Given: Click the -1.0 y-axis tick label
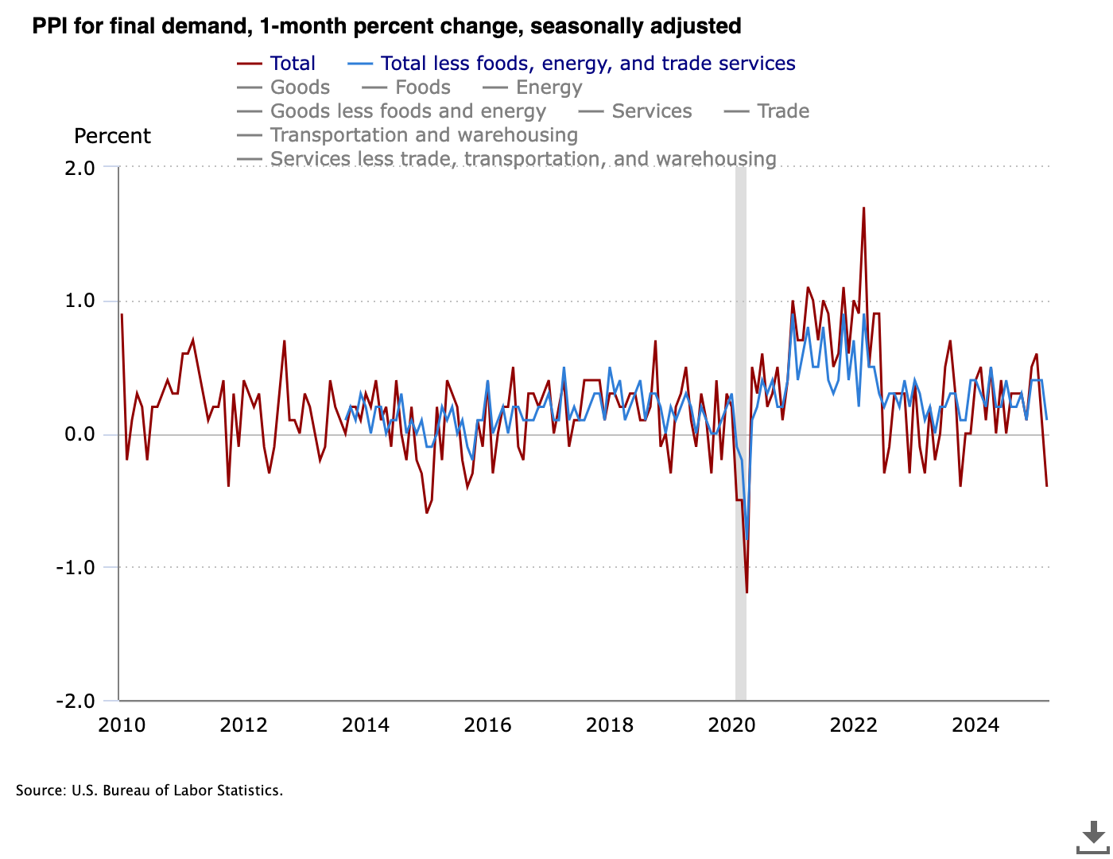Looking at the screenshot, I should (x=76, y=568).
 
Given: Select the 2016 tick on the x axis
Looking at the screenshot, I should (x=487, y=725).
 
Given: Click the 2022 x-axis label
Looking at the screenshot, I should (x=853, y=725).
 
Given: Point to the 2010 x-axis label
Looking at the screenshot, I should (x=122, y=725).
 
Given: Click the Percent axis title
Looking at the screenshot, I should (x=112, y=136).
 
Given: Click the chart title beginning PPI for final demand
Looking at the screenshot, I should (x=386, y=26).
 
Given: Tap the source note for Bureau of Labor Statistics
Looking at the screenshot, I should (x=149, y=791).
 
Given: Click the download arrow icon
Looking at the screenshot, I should (x=1093, y=835).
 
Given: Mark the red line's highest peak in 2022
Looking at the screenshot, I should (x=863, y=208).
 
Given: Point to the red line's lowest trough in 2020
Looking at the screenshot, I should (x=747, y=592).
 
